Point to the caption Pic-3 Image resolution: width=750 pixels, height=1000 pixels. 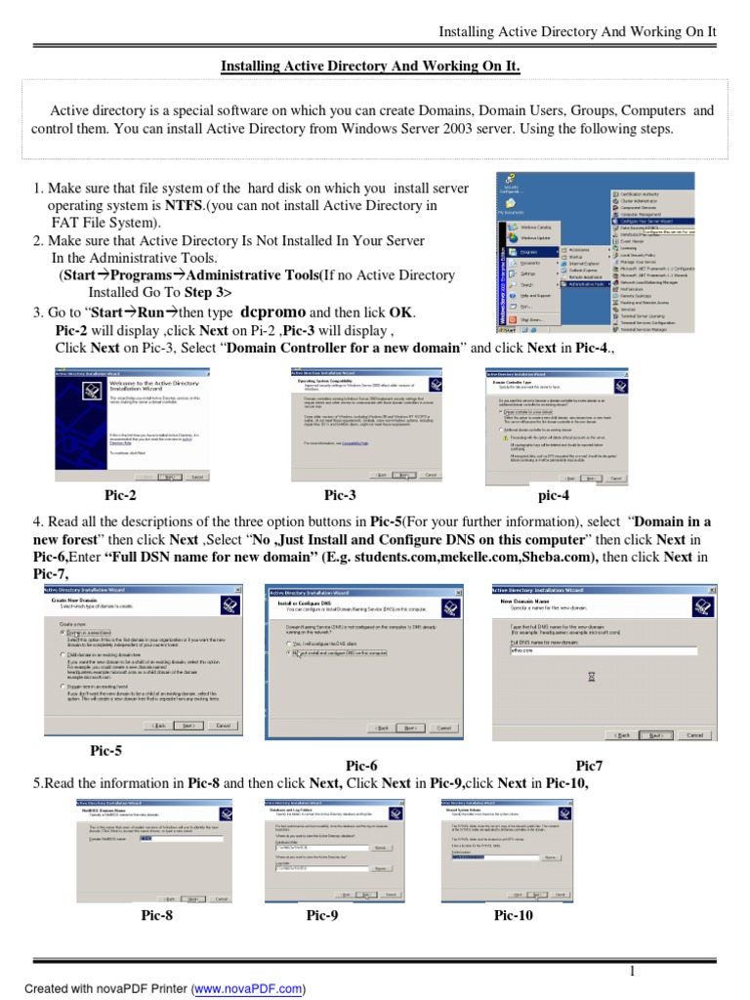pyautogui.click(x=340, y=495)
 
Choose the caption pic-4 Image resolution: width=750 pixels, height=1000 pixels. pyautogui.click(x=554, y=495)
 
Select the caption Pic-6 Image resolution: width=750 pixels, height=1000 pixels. pyautogui.click(x=361, y=766)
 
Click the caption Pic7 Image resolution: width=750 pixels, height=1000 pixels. pyautogui.click(x=589, y=766)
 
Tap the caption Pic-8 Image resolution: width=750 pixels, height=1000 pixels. pyautogui.click(x=157, y=915)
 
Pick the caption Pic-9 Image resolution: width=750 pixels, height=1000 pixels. pyautogui.click(x=322, y=915)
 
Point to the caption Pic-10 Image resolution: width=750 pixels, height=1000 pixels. pyautogui.click(x=514, y=915)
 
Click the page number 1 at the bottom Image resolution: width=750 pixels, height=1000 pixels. pyautogui.click(x=632, y=971)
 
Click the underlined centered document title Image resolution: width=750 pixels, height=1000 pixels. pyautogui.click(x=370, y=66)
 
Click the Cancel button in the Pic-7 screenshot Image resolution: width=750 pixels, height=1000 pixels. pyautogui.click(x=693, y=734)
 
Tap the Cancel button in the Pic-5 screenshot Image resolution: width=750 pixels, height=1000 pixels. pyautogui.click(x=223, y=726)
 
